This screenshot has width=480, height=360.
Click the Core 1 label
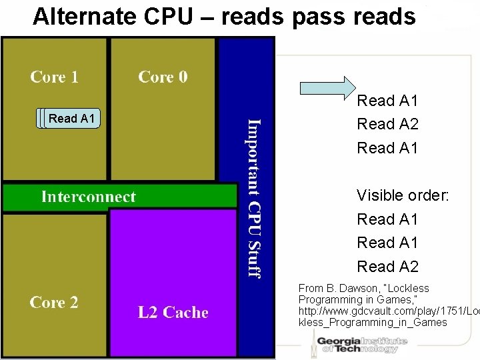(55, 77)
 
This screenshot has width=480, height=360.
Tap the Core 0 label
(163, 77)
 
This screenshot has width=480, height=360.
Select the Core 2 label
(54, 303)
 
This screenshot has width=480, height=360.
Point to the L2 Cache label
(173, 313)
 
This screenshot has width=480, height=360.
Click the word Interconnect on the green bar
(88, 197)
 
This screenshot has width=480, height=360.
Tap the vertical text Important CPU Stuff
(254, 197)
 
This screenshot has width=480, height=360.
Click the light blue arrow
(327, 87)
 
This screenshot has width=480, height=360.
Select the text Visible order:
(403, 195)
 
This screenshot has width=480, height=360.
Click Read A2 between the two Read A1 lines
(387, 124)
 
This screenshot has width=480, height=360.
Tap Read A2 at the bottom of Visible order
(387, 267)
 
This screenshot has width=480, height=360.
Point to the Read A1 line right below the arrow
(387, 101)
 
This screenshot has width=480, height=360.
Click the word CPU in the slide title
(156, 16)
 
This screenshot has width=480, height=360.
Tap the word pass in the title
(317, 16)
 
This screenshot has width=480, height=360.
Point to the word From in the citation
(311, 289)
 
